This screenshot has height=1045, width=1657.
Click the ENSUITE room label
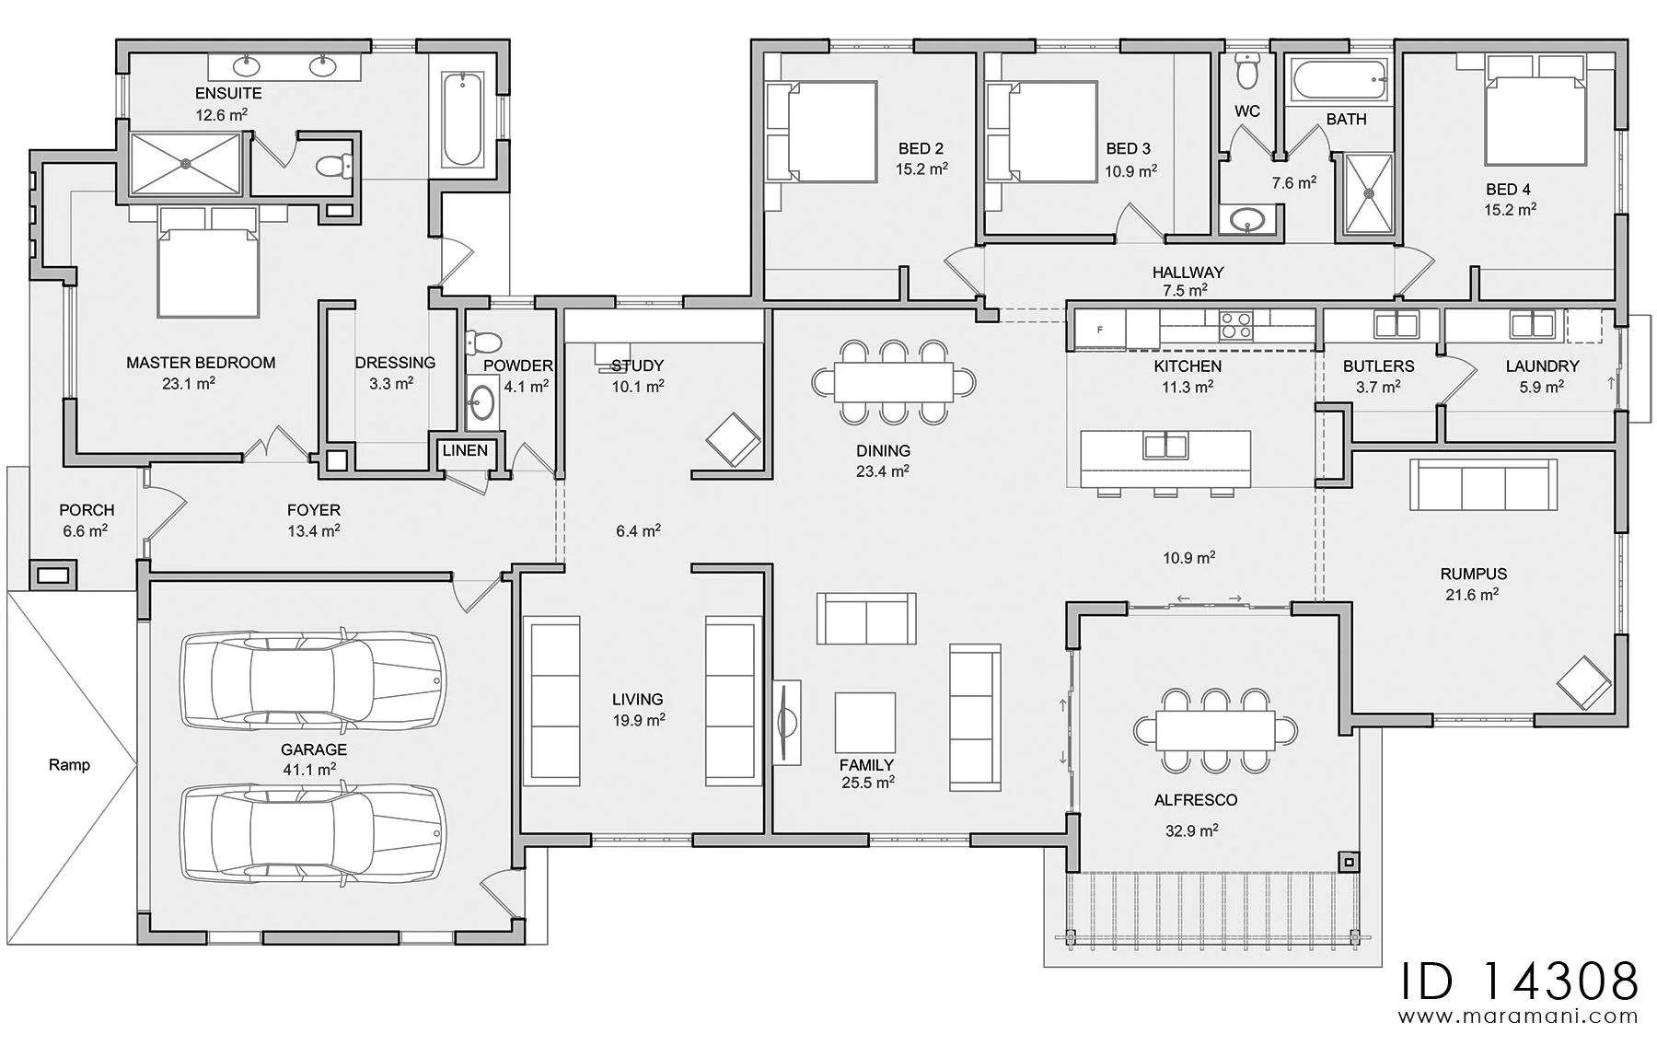pyautogui.click(x=228, y=93)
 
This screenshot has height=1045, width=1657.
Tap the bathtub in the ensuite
pyautogui.click(x=461, y=120)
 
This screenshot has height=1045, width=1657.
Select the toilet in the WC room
pyautogui.click(x=1247, y=70)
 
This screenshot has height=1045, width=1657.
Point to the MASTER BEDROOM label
pyautogui.click(x=201, y=363)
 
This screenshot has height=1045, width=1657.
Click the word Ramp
pyautogui.click(x=70, y=764)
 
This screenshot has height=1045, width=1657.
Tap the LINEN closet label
pyautogui.click(x=465, y=450)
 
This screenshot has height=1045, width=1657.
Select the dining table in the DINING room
pyautogui.click(x=894, y=382)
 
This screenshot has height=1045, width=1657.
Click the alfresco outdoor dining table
pyautogui.click(x=1215, y=732)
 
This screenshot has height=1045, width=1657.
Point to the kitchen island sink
pyautogui.click(x=1167, y=447)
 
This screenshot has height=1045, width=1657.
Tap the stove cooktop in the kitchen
pyautogui.click(x=1235, y=325)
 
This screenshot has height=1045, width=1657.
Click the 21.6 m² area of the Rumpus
pyautogui.click(x=1472, y=595)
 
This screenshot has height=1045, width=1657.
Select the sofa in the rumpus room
pyautogui.click(x=1483, y=485)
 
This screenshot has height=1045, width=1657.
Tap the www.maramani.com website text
pyautogui.click(x=1520, y=1017)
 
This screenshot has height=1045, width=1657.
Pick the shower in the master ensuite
pyautogui.click(x=186, y=164)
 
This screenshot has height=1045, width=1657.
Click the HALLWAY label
pyautogui.click(x=1188, y=273)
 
